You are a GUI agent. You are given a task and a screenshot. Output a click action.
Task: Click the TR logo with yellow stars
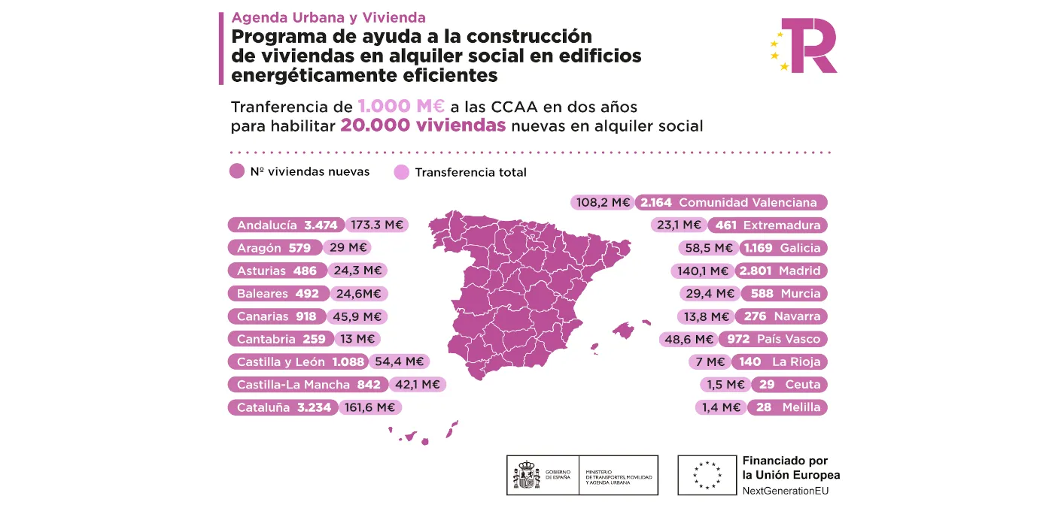tap(804, 46)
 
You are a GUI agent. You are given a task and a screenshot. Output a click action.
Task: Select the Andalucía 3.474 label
tap(287, 225)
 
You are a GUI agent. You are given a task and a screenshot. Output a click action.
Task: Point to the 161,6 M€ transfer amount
tap(371, 407)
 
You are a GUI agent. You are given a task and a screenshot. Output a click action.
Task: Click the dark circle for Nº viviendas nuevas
tap(237, 171)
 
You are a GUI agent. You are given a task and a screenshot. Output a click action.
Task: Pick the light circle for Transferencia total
tap(402, 172)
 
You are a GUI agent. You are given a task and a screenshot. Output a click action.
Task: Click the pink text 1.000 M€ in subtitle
tap(401, 106)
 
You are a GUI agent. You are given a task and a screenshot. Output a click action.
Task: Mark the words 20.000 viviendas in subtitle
tap(422, 125)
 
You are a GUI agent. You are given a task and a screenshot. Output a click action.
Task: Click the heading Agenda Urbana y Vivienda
tap(328, 17)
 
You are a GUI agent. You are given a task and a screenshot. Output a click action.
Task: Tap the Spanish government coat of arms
tap(527, 475)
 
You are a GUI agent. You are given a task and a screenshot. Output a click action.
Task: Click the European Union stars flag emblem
tap(707, 475)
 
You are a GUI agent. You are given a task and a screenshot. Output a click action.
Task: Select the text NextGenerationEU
tap(787, 490)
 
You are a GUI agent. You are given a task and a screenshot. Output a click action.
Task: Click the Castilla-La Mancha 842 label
tap(307, 385)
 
